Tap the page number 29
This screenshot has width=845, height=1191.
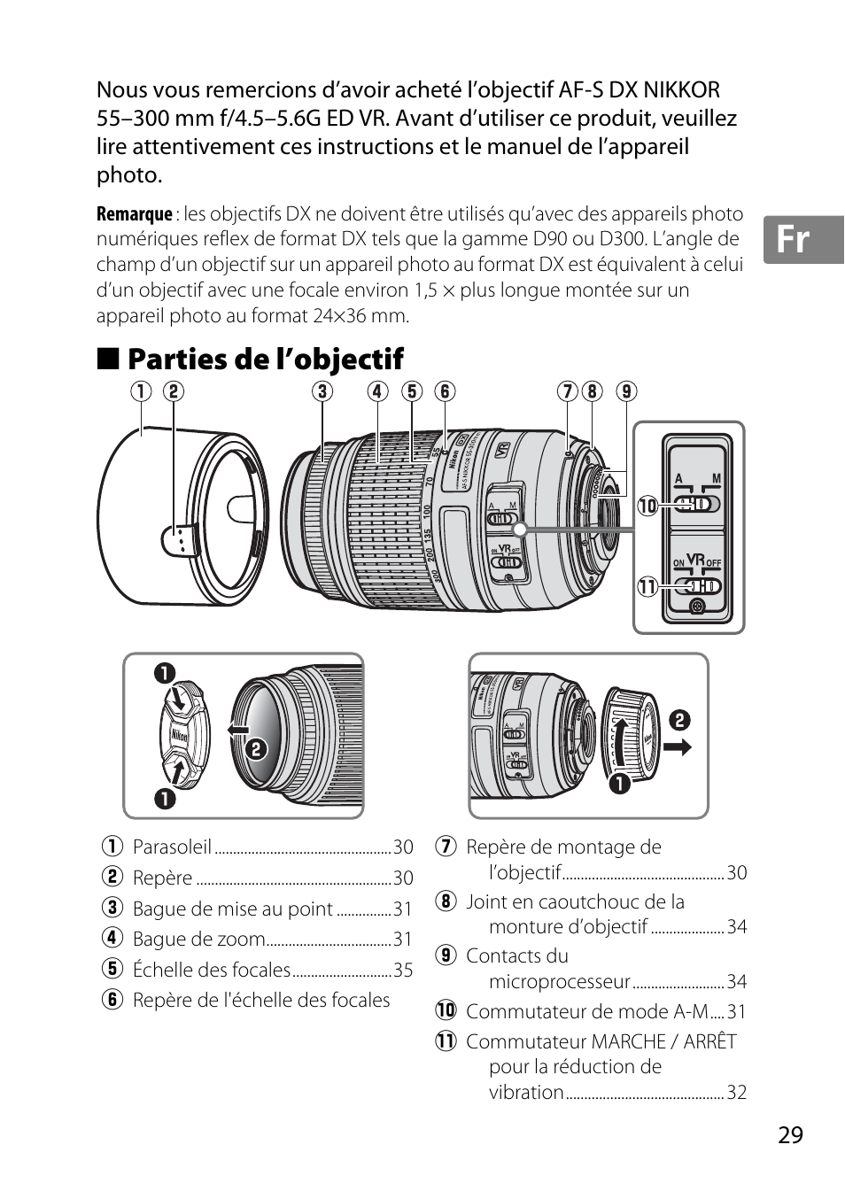tap(790, 1135)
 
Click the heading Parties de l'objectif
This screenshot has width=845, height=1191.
tap(265, 359)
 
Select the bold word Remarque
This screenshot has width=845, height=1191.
tap(134, 214)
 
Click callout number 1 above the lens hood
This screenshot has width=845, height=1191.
tap(142, 391)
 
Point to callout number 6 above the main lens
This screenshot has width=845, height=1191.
tap(445, 391)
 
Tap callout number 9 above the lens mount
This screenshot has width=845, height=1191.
tap(627, 391)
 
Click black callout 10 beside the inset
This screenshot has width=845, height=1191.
tap(647, 506)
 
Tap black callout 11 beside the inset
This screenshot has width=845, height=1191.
tap(647, 586)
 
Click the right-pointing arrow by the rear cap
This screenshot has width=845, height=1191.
tap(678, 747)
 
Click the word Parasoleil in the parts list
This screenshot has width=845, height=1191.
tap(172, 847)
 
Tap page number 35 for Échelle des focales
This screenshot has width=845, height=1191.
tap(403, 971)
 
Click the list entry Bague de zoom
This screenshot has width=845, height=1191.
tap(198, 940)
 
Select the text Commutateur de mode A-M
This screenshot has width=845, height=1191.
tap(586, 1011)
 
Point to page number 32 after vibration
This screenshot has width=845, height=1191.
tap(737, 1093)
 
